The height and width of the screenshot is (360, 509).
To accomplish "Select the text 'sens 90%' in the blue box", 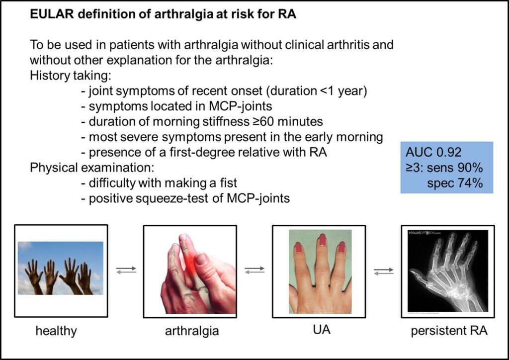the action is coord(455,168).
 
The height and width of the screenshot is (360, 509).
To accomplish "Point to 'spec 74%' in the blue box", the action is coord(455,183).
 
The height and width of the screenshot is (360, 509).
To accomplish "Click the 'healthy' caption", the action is coord(56,331).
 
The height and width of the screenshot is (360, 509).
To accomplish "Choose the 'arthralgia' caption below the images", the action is coord(192,331).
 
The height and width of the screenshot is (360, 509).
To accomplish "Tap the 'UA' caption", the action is coord(322,330).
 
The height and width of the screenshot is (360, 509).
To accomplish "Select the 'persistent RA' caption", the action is coord(449,331).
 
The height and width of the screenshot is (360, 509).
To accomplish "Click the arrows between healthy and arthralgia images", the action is coord(126,270).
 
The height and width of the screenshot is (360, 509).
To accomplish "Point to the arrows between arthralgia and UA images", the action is coord(254,270).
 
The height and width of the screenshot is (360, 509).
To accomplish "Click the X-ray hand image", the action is coord(448,271).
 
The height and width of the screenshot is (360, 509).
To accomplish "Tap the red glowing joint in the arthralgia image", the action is coord(189,262).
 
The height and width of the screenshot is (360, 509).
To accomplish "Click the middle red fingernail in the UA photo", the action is coord(322,240).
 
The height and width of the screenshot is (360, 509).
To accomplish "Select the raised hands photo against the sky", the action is coord(60,268).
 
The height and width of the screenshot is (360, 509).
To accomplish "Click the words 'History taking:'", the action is coord(71,76).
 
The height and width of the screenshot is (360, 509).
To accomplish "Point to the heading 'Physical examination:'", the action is coord(91,168).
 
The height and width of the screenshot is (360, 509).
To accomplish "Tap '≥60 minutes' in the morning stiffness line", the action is coord(288,121).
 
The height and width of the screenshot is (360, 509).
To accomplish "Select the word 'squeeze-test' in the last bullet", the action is coord(171,199).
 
